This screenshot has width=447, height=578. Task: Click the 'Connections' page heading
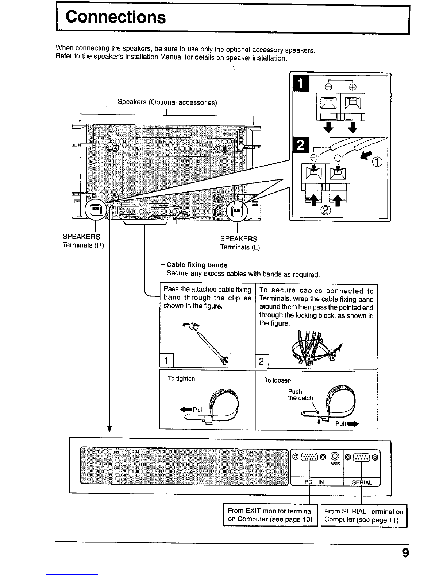click(x=115, y=17)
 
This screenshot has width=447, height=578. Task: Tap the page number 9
click(x=405, y=553)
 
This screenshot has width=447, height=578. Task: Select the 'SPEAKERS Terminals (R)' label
click(x=83, y=241)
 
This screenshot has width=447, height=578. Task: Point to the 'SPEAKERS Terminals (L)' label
click(x=240, y=243)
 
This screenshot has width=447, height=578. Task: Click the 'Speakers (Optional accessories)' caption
click(x=167, y=102)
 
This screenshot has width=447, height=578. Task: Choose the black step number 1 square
click(x=301, y=83)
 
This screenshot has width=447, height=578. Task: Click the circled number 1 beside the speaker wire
click(x=377, y=162)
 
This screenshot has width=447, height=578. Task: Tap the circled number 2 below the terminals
click(x=325, y=210)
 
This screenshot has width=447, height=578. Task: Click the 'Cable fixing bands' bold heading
click(x=197, y=265)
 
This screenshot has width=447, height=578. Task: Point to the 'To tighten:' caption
click(x=182, y=379)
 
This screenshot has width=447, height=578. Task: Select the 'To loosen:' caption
click(x=278, y=380)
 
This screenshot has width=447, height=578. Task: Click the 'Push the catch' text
click(x=300, y=395)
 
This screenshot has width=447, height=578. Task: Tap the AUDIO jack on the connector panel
click(x=335, y=457)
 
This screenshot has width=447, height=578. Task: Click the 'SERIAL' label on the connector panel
click(x=362, y=482)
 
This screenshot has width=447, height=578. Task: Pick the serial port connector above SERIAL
click(x=361, y=457)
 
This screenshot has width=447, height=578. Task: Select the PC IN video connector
click(x=309, y=457)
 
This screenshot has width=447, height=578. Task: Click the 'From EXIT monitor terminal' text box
click(x=270, y=515)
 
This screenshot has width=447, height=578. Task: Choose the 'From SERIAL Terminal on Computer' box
click(x=364, y=516)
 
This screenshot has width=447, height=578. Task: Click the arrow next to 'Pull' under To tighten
click(x=186, y=410)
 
